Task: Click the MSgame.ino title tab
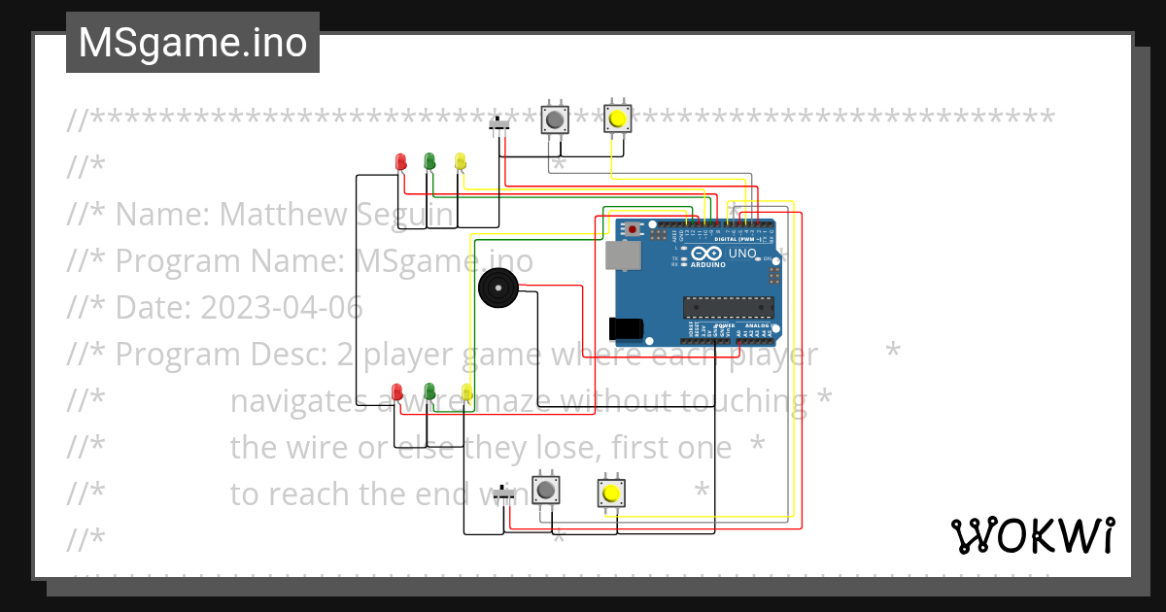click(x=192, y=43)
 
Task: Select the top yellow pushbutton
click(x=617, y=119)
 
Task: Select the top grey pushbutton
click(x=554, y=119)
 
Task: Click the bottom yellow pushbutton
click(x=610, y=493)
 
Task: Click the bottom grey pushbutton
click(x=546, y=489)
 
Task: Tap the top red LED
click(x=400, y=161)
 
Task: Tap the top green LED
click(x=429, y=161)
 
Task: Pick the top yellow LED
click(x=461, y=161)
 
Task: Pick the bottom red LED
click(x=396, y=391)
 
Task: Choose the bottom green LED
click(x=429, y=391)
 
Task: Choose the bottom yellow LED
click(x=466, y=391)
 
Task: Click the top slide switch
click(x=501, y=125)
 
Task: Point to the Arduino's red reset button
click(x=633, y=229)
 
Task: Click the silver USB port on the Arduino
click(x=622, y=255)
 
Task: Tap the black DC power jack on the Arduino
click(x=625, y=328)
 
